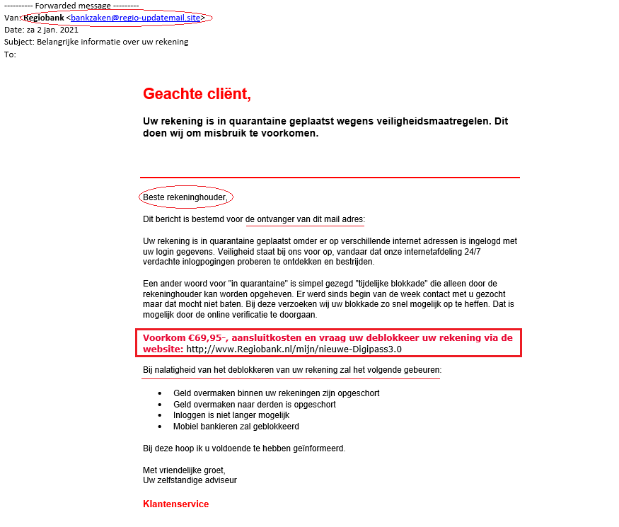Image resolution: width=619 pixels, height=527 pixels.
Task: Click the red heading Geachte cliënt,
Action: click(197, 93)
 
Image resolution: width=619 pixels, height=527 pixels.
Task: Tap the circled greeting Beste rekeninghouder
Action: click(185, 197)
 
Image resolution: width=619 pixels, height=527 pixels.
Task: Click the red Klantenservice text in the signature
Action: click(175, 504)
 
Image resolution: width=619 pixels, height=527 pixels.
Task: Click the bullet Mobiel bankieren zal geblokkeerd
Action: click(236, 427)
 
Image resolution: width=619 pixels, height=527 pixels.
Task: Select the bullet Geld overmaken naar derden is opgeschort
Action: click(255, 405)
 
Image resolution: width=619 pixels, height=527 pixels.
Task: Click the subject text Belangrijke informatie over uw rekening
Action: click(112, 42)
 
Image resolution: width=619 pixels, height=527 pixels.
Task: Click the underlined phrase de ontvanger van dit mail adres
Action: click(304, 219)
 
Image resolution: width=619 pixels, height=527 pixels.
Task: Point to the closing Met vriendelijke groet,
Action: click(184, 470)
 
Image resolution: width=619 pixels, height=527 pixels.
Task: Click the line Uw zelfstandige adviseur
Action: click(190, 480)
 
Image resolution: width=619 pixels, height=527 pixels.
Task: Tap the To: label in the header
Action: click(10, 54)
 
